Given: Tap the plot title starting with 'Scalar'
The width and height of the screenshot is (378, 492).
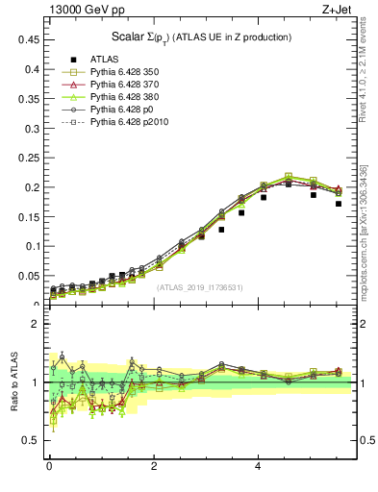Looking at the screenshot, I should click(201, 37).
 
